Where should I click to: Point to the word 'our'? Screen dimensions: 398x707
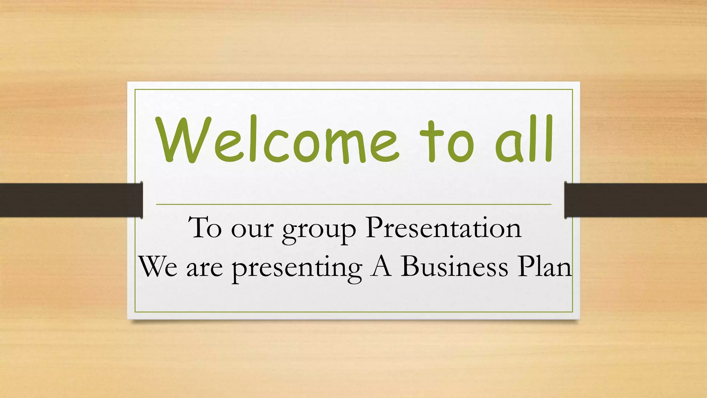click(252, 230)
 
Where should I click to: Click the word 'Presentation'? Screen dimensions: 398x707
click(444, 228)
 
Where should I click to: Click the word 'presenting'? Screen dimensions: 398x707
click(297, 269)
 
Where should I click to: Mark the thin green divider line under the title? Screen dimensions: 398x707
click(353, 205)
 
